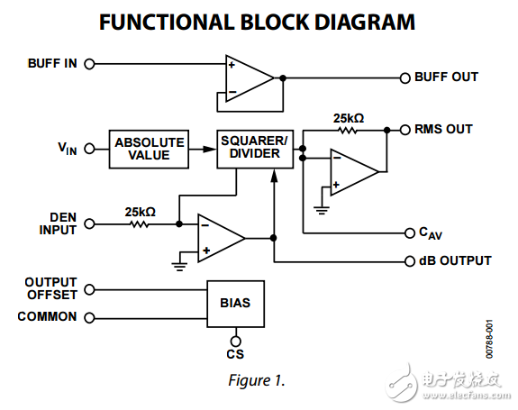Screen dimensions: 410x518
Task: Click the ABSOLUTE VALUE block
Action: point(149,149)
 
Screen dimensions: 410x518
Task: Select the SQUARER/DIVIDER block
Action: point(254,149)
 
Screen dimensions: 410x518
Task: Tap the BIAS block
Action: point(235,303)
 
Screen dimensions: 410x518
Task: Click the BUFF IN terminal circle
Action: point(89,64)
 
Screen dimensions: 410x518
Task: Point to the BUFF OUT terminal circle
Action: point(404,77)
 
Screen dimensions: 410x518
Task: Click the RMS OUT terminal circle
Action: point(404,130)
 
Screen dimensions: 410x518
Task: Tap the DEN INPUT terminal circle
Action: point(89,223)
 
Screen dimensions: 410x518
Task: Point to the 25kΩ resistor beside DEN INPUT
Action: point(141,223)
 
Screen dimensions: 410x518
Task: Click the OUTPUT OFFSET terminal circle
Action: point(89,289)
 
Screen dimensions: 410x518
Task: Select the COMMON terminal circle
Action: point(89,317)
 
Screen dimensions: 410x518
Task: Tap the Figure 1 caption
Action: point(255,379)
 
